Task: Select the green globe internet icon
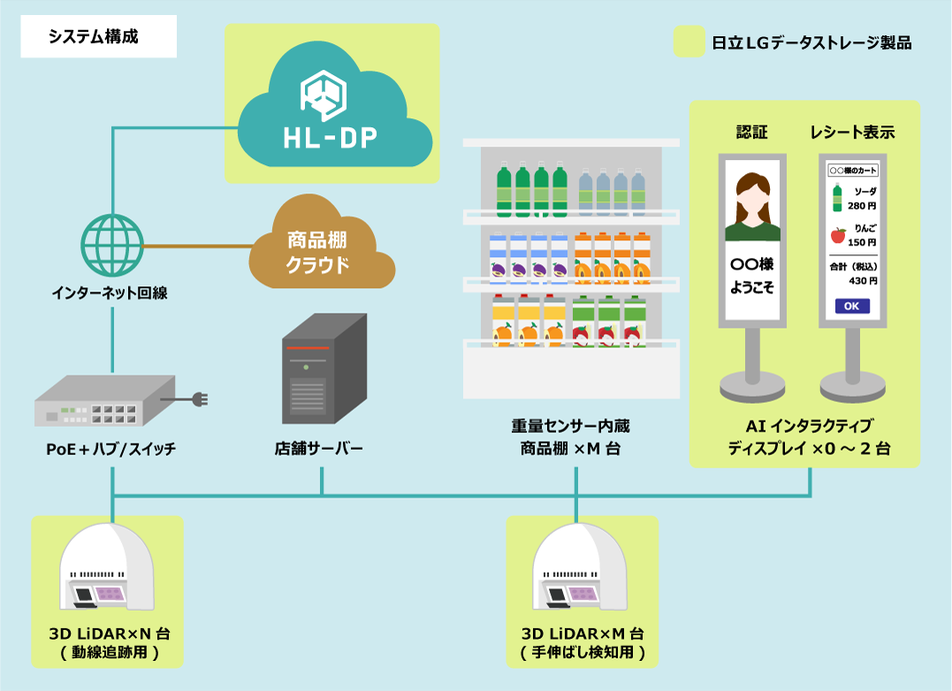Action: click(112, 244)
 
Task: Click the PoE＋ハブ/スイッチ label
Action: click(111, 450)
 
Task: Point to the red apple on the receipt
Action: click(837, 235)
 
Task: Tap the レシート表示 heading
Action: click(853, 133)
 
